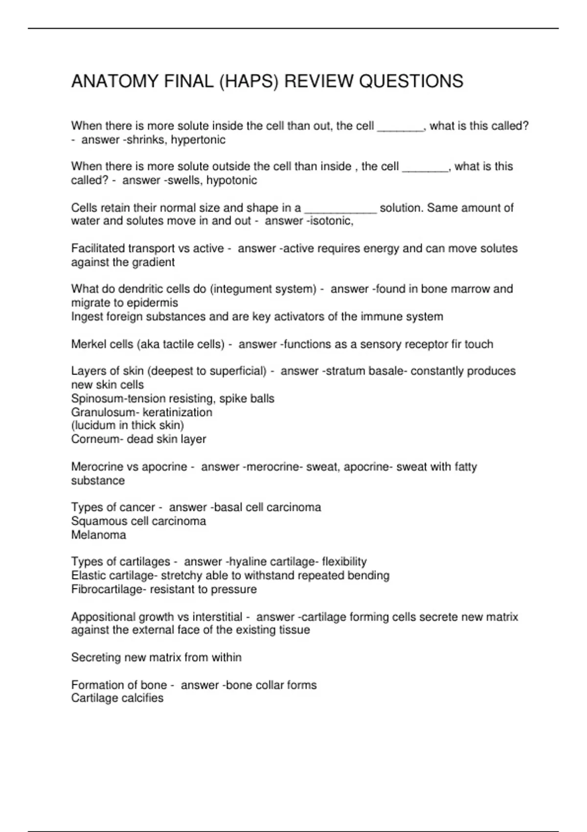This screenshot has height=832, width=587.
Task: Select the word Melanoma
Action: click(98, 535)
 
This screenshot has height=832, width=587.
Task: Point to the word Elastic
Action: click(87, 576)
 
